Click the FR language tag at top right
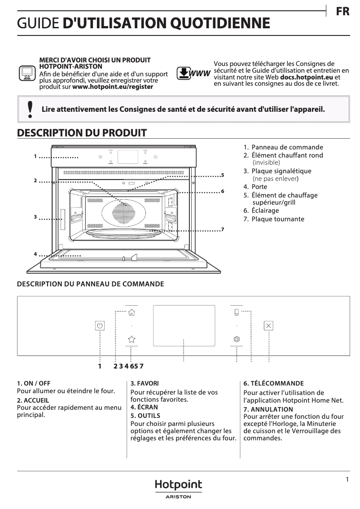point(342,12)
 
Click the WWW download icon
point(193,73)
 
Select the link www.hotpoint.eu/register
point(112,87)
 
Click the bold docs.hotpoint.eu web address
point(307,77)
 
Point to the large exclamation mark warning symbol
point(30,109)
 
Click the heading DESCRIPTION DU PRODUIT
point(82,133)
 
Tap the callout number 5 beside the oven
point(222,175)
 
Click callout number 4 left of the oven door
point(35,254)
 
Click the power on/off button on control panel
point(100,326)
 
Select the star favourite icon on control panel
point(132,339)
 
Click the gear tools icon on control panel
point(237,339)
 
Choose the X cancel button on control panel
point(268,326)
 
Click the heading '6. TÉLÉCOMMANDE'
point(273,383)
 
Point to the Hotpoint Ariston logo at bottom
point(178,488)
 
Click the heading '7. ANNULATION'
point(268,409)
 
